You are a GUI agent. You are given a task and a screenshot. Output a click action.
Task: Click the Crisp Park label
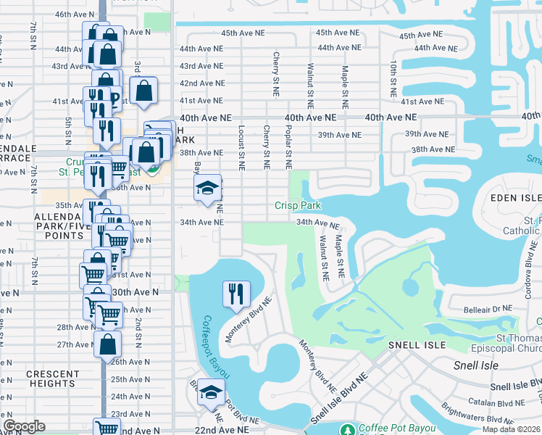click(297, 206)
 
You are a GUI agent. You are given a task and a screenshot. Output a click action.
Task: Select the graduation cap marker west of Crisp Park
click(207, 189)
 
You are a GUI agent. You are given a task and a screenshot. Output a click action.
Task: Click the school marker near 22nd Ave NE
click(211, 394)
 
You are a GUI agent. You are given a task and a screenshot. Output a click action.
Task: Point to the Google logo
click(24, 426)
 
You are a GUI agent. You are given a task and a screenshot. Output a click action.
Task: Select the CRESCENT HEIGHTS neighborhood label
click(52, 379)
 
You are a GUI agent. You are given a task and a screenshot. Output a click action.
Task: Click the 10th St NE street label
click(392, 79)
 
